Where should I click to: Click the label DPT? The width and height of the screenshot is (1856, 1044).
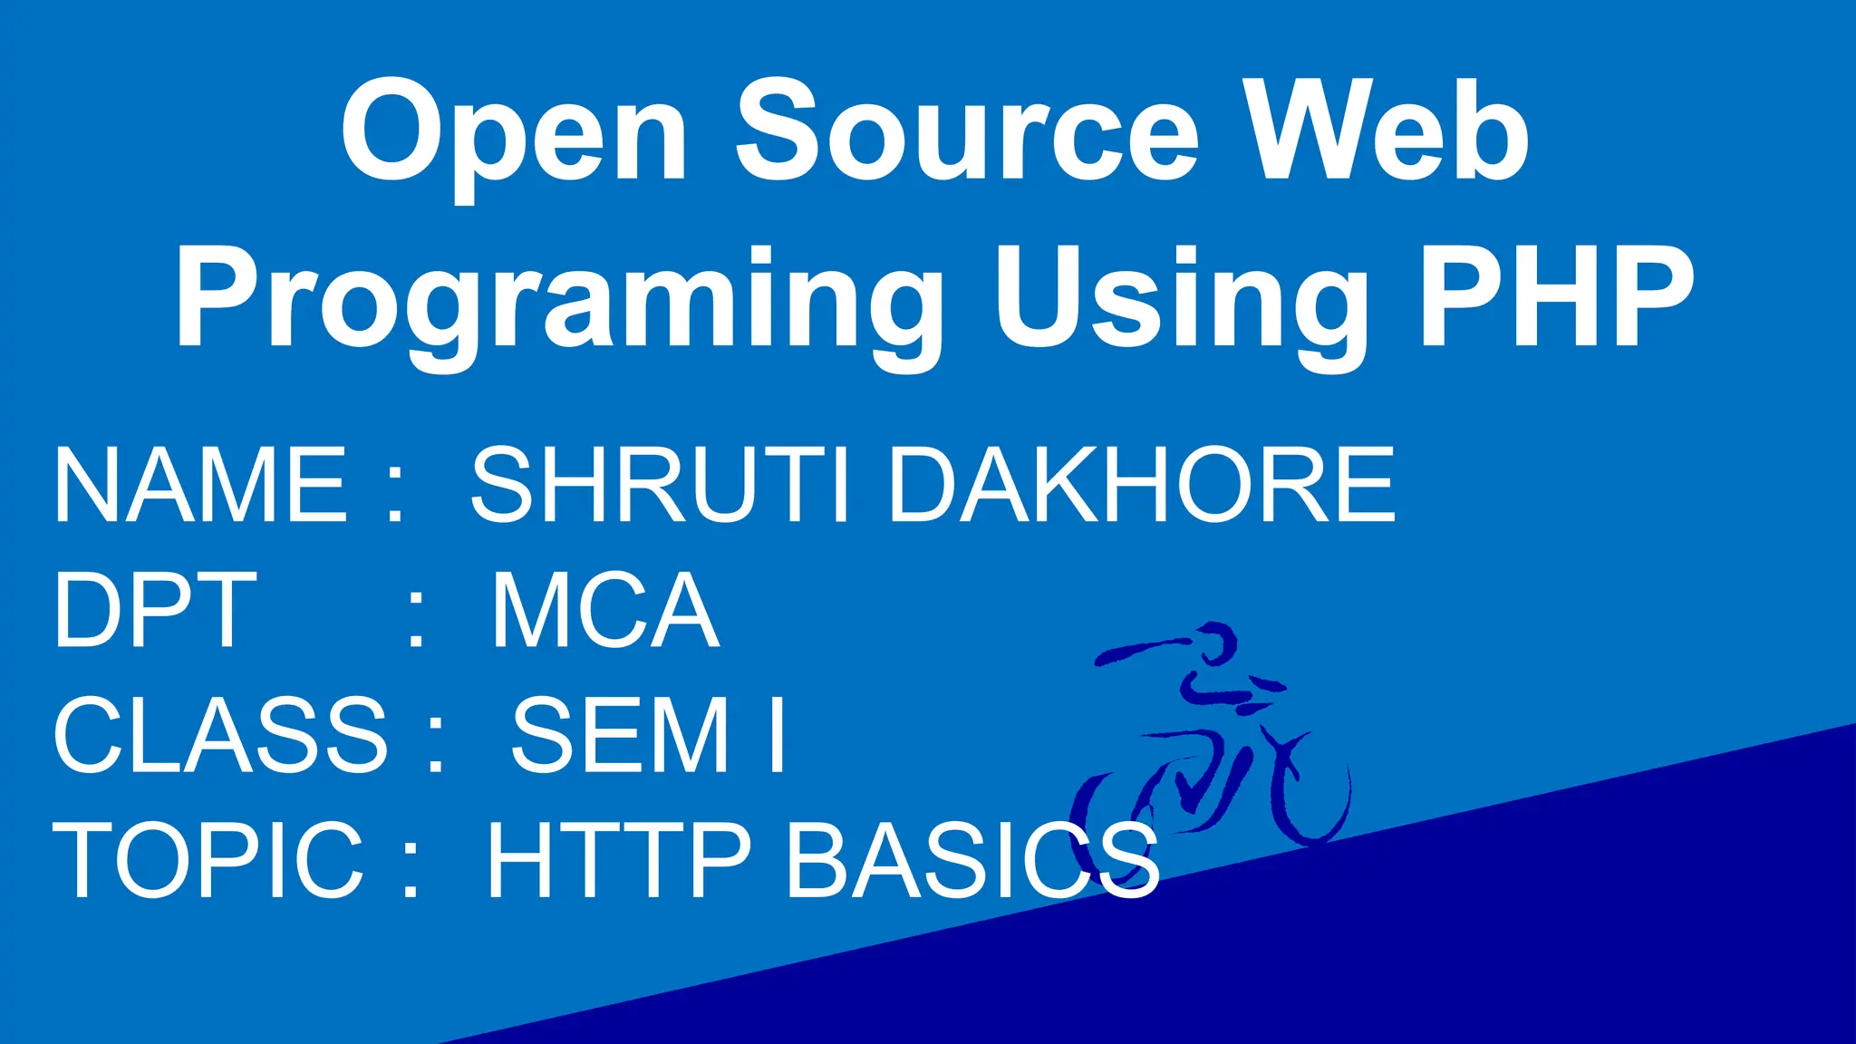point(155,609)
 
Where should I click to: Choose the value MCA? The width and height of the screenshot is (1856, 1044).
point(605,609)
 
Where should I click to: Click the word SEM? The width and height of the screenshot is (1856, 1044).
point(621,734)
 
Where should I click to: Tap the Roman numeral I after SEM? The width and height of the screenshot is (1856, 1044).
point(776,734)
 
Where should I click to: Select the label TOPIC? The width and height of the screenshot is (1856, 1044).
point(208,858)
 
